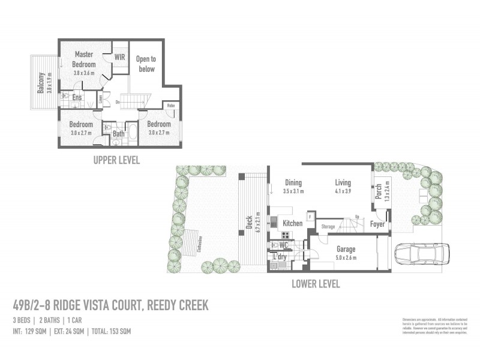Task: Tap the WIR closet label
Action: click(120, 58)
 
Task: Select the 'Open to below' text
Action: click(146, 64)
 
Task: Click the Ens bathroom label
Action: click(77, 98)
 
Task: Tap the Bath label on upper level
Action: click(119, 134)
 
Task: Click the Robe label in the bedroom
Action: click(170, 106)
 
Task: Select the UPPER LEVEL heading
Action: click(116, 160)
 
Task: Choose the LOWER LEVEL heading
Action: click(316, 284)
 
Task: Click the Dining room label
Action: click(293, 183)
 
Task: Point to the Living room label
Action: click(343, 183)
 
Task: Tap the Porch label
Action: click(379, 191)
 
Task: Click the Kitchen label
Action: click(293, 223)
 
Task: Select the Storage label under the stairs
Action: click(328, 227)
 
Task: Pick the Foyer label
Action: click(377, 224)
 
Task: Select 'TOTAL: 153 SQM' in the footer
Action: click(109, 331)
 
